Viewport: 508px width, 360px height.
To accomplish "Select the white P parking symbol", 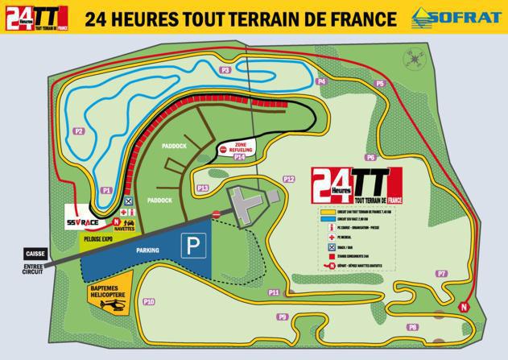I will point(191,245).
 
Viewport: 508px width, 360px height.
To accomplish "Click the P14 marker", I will point(239,158).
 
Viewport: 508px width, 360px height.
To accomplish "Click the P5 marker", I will point(379,84).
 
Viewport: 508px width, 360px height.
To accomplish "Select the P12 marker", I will point(289,179).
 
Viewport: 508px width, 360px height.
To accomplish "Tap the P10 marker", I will point(148,302).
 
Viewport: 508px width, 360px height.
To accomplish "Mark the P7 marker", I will point(441,274).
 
